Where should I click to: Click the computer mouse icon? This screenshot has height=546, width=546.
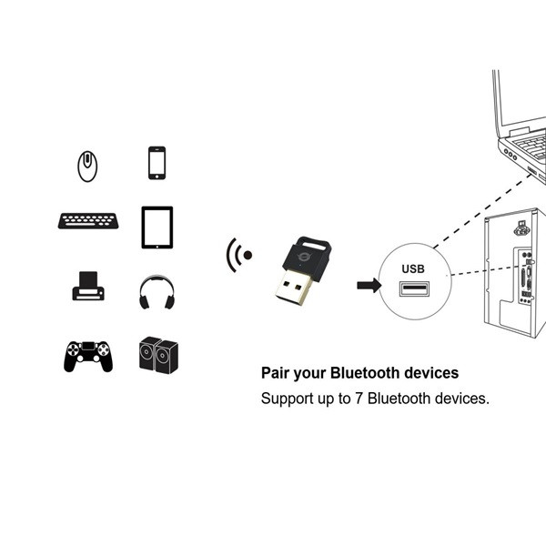pyautogui.click(x=87, y=166)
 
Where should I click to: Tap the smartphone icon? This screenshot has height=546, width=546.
pyautogui.click(x=157, y=163)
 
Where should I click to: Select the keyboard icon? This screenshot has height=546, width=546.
pyautogui.click(x=88, y=221)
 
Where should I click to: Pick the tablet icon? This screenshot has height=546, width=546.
pyautogui.click(x=157, y=227)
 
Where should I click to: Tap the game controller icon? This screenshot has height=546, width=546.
pyautogui.click(x=88, y=355)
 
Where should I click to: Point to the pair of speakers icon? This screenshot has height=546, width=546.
pyautogui.click(x=157, y=355)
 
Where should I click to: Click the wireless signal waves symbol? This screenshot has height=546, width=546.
pyautogui.click(x=238, y=256)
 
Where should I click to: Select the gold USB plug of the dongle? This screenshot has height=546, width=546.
pyautogui.click(x=294, y=289)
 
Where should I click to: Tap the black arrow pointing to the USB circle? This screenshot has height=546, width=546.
pyautogui.click(x=368, y=285)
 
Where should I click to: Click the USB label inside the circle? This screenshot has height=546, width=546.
pyautogui.click(x=413, y=268)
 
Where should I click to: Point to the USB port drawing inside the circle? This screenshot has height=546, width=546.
pyautogui.click(x=413, y=290)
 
